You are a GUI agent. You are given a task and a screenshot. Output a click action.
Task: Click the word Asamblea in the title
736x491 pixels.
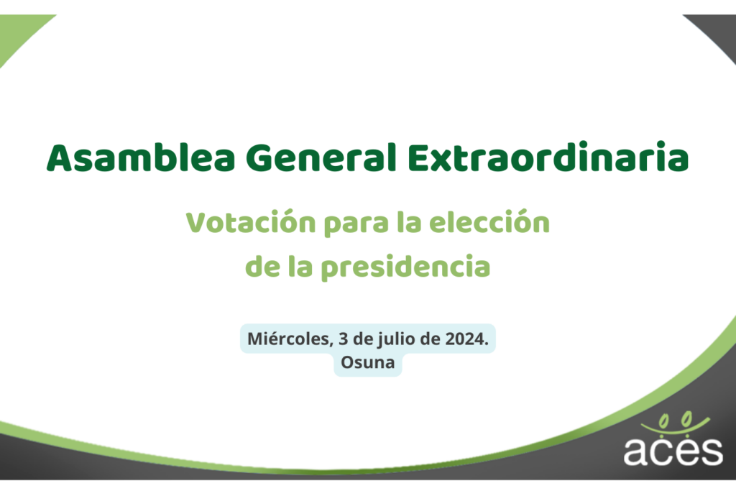click(x=141, y=157)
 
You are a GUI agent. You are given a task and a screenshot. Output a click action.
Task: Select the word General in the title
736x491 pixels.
click(x=321, y=157)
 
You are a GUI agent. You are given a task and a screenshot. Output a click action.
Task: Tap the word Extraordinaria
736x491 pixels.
click(x=548, y=156)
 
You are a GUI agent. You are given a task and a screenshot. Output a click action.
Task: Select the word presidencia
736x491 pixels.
click(x=405, y=267)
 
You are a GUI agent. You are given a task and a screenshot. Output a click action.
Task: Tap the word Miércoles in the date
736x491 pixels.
click(x=290, y=339)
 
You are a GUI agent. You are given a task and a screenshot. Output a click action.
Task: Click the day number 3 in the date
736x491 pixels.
click(x=343, y=339)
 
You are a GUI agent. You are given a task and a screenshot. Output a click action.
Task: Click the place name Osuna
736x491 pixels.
click(x=367, y=362)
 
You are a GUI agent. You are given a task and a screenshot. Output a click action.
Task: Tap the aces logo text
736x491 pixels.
click(x=673, y=451)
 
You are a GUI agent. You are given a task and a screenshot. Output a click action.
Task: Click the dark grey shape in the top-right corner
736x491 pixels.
click(x=718, y=31)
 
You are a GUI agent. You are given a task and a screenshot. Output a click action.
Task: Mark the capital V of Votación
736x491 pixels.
click(x=198, y=223)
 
